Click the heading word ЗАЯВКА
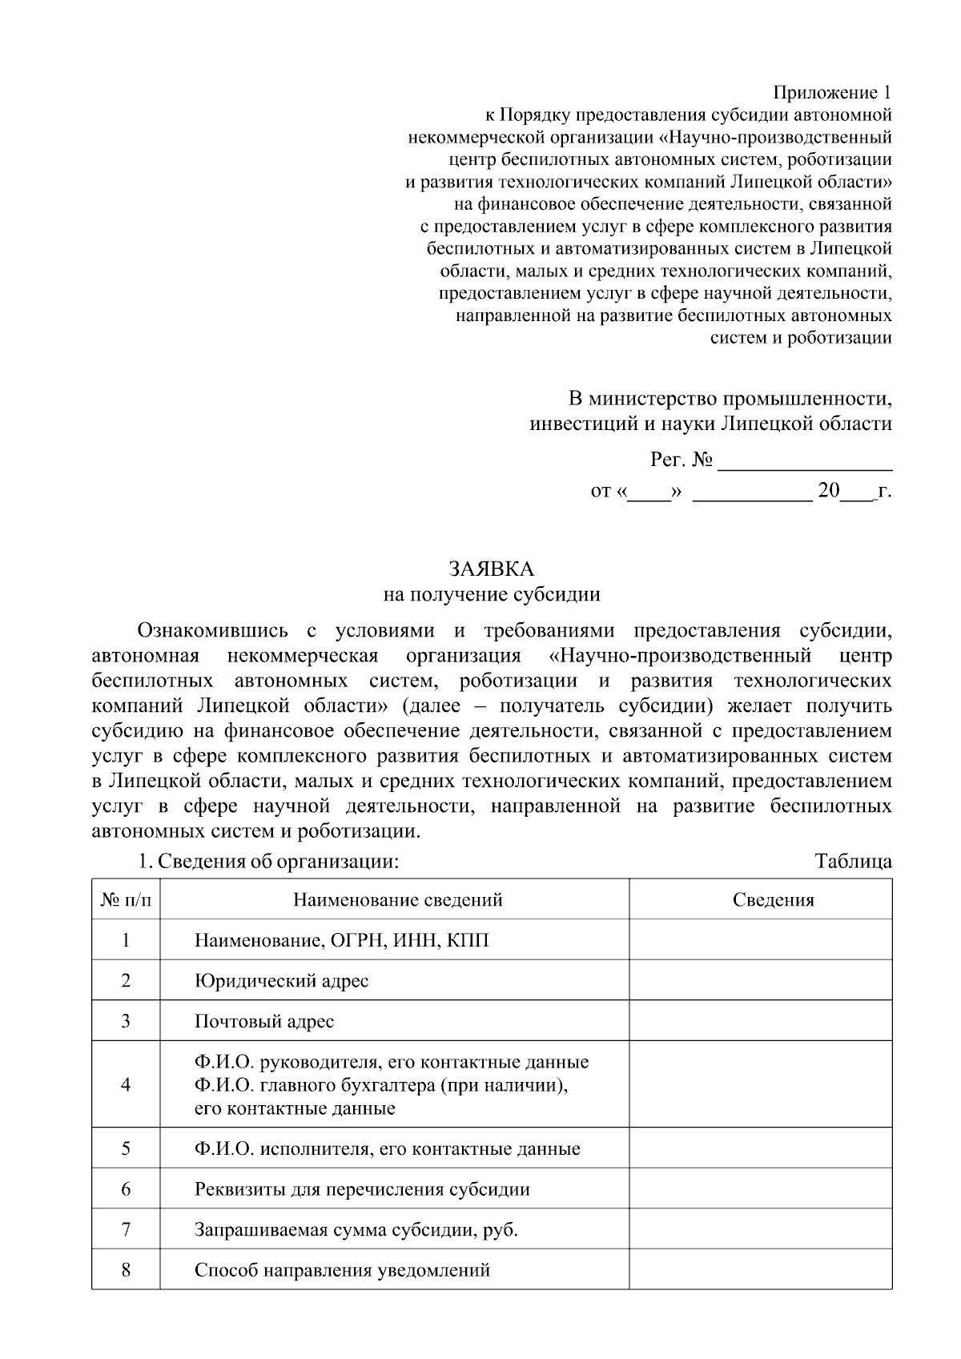coord(491,569)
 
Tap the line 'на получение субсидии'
coord(491,594)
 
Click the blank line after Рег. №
coord(805,462)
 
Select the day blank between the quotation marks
coord(649,491)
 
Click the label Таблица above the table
coord(853,862)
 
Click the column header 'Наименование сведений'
coord(397,899)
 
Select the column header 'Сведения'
coord(773,899)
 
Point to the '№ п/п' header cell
coord(126,899)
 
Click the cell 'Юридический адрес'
coord(281,980)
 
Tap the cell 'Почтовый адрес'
coord(264,1021)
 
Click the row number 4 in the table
coord(126,1084)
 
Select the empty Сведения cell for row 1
coord(760,939)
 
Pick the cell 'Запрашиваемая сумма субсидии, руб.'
coord(356,1229)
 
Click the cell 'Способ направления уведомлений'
coord(342,1270)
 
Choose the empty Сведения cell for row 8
coord(760,1270)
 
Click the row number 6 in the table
coord(126,1188)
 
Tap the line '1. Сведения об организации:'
coord(267,862)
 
